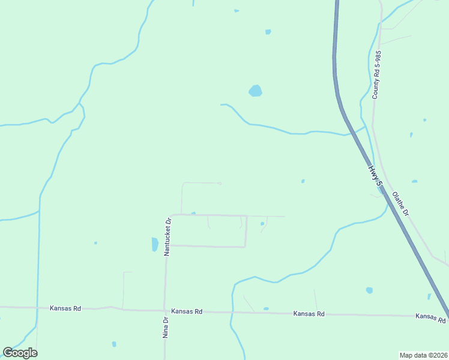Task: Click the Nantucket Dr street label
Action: click(x=168, y=237)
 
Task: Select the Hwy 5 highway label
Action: click(x=375, y=179)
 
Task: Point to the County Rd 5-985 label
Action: click(x=376, y=75)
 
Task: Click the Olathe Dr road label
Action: click(x=400, y=204)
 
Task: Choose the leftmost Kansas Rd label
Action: click(x=65, y=308)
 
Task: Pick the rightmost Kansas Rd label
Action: click(x=431, y=317)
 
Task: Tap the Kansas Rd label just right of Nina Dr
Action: click(x=187, y=311)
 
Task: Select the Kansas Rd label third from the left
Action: click(x=309, y=314)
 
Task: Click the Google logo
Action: click(x=20, y=353)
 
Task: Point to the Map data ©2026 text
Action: click(x=423, y=355)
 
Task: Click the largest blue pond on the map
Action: click(x=255, y=91)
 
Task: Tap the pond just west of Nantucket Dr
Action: click(x=155, y=244)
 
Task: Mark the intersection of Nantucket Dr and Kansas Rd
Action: click(x=165, y=311)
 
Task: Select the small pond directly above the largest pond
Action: click(x=268, y=32)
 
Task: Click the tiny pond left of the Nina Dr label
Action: click(x=114, y=344)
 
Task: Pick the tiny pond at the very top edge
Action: click(x=237, y=11)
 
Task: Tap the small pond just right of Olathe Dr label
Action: click(x=414, y=181)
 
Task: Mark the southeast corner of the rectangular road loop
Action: click(x=245, y=247)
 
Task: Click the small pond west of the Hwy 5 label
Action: click(x=303, y=181)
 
